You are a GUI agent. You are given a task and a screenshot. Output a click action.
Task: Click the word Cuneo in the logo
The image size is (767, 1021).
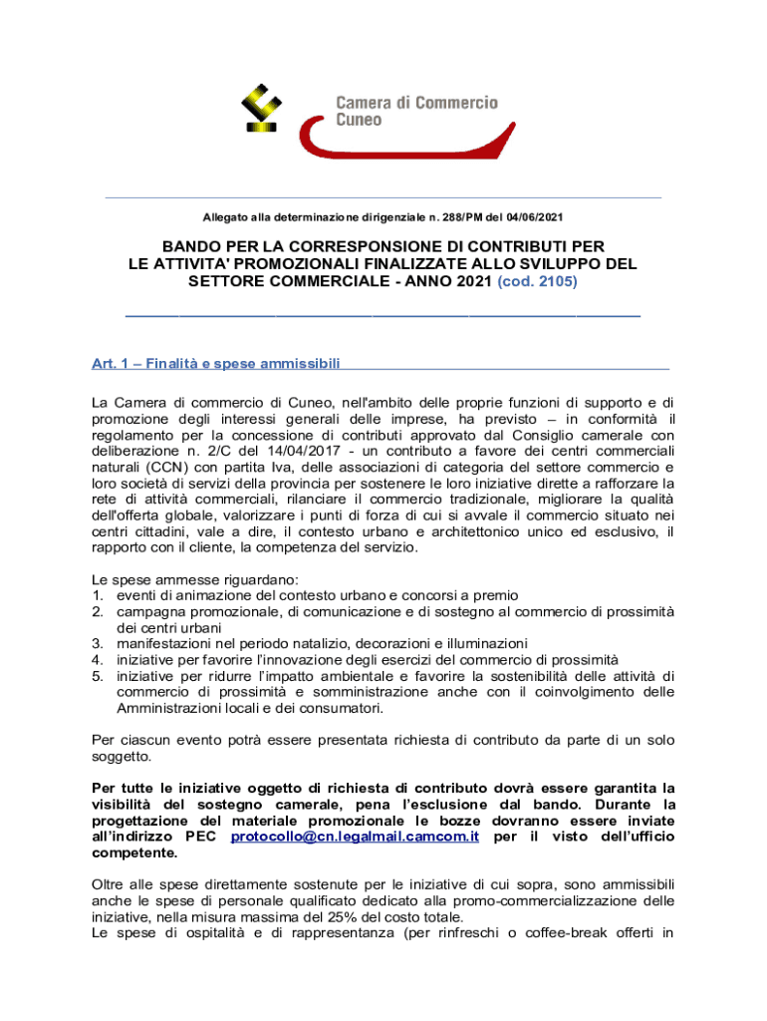click(359, 121)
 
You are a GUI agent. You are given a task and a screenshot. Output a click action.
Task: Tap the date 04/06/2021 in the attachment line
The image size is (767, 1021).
click(542, 216)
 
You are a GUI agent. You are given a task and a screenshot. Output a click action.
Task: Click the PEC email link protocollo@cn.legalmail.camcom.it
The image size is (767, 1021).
click(355, 837)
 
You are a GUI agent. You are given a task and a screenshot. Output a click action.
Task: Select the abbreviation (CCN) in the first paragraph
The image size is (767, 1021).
click(171, 468)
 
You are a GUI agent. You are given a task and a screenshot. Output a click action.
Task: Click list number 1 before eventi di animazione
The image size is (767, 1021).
click(98, 595)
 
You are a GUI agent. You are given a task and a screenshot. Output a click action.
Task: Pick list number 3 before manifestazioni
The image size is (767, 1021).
click(98, 643)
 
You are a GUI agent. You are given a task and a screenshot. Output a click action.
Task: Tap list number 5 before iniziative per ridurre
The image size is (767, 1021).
click(98, 676)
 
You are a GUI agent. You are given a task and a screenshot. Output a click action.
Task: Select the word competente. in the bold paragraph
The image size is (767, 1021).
click(132, 853)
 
